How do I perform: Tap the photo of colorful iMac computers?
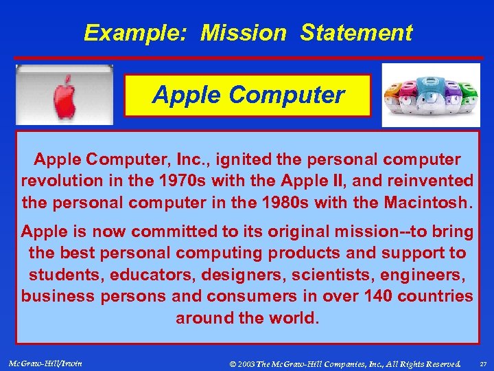(431, 95)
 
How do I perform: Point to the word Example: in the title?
(137, 33)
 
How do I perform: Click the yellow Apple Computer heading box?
(248, 95)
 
